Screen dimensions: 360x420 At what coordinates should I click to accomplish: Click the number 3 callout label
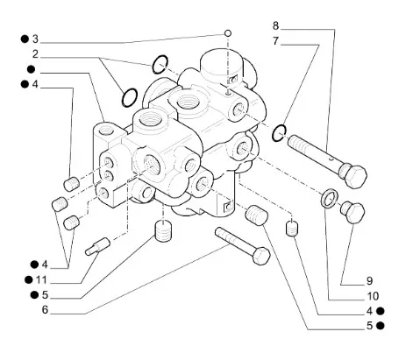pos(35,39)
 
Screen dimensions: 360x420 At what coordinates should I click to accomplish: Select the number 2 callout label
pos(35,54)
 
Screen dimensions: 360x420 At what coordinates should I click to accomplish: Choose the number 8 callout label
pos(276,26)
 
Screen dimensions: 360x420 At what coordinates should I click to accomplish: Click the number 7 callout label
pos(276,41)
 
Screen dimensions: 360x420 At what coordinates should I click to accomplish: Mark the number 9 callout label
pos(370,280)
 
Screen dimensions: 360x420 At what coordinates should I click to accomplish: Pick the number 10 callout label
pos(372,295)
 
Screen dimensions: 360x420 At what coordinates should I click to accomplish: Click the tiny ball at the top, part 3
pos(227,33)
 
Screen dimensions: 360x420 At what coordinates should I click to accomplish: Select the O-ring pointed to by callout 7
pos(279,132)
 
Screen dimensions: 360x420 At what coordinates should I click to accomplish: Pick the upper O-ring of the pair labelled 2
pos(160,63)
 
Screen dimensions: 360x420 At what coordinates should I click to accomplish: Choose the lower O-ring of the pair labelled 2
pos(127,95)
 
